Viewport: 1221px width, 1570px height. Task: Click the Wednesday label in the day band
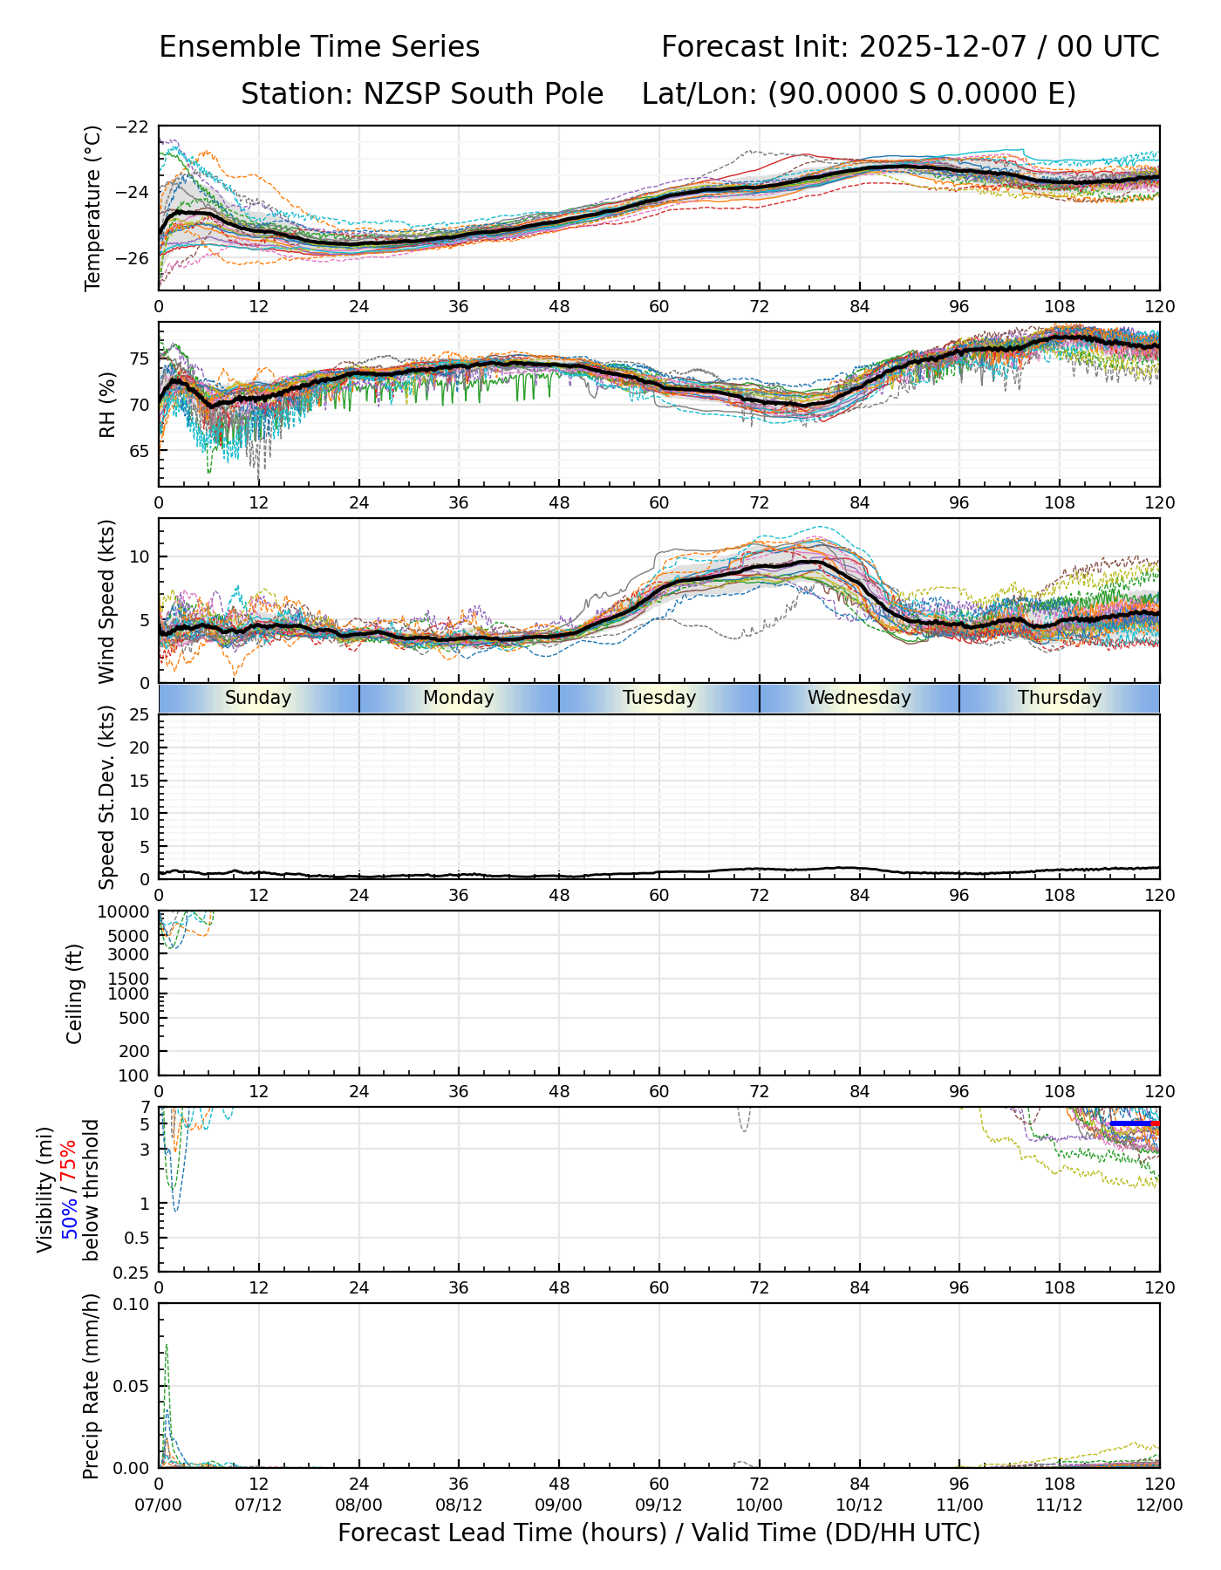pos(859,698)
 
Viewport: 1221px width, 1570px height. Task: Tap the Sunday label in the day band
pos(258,698)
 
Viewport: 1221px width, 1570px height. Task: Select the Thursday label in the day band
pos(1060,698)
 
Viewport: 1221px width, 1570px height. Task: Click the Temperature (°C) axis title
pos(93,208)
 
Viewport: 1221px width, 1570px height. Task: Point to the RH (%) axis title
pos(107,405)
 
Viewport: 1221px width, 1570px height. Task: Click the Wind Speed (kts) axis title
pos(106,601)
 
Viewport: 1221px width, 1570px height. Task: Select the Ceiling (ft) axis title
pos(75,993)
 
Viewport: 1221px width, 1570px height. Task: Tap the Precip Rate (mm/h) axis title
pos(91,1386)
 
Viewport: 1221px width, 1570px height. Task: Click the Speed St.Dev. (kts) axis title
pos(106,797)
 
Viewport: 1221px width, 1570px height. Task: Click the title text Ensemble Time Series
pos(319,47)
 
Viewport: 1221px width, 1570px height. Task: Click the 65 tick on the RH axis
pos(138,451)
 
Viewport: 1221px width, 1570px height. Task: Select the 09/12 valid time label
pos(658,1505)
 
